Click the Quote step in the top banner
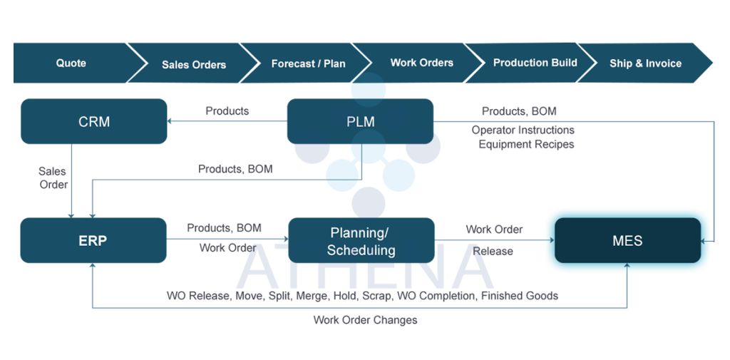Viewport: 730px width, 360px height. (71, 63)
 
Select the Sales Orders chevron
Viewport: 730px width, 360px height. (194, 65)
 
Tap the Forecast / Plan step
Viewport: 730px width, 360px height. (308, 64)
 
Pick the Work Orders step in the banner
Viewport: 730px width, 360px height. (421, 63)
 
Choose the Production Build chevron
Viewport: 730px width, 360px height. (535, 63)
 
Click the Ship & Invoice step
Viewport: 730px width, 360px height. (645, 63)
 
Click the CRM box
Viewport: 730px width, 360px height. (94, 121)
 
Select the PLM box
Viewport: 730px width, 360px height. (360, 122)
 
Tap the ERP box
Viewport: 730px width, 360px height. (93, 240)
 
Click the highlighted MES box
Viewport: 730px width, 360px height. (627, 241)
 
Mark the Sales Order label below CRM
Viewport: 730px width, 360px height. (53, 178)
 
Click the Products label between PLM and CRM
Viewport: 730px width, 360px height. (227, 111)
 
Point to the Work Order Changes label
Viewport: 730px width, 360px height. (364, 320)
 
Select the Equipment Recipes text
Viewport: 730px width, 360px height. (526, 144)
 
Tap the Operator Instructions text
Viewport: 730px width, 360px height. (523, 130)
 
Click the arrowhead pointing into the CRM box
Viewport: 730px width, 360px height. (172, 121)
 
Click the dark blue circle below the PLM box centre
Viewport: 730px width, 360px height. (369, 202)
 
